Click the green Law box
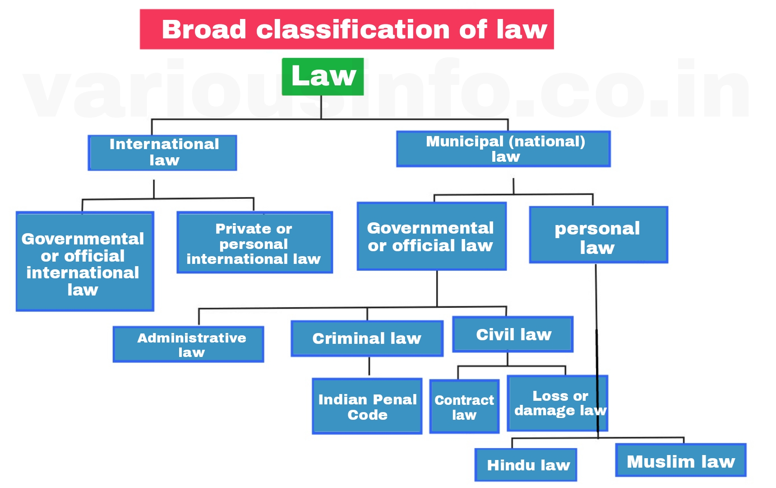click(x=323, y=76)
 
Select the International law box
click(x=162, y=153)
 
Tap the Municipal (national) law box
click(x=503, y=149)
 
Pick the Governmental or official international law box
click(x=85, y=261)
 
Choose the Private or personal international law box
click(x=254, y=243)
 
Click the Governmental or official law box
click(x=431, y=236)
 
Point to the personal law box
click(x=598, y=235)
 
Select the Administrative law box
click(x=188, y=344)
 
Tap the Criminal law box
click(x=367, y=338)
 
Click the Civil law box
click(x=513, y=334)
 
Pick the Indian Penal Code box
click(x=367, y=406)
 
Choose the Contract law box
click(x=464, y=407)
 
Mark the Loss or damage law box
click(x=558, y=403)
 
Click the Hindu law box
click(x=526, y=465)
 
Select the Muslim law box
click(x=681, y=460)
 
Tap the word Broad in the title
click(x=204, y=30)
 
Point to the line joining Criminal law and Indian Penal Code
click(x=369, y=366)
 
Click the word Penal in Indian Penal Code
click(x=397, y=399)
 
